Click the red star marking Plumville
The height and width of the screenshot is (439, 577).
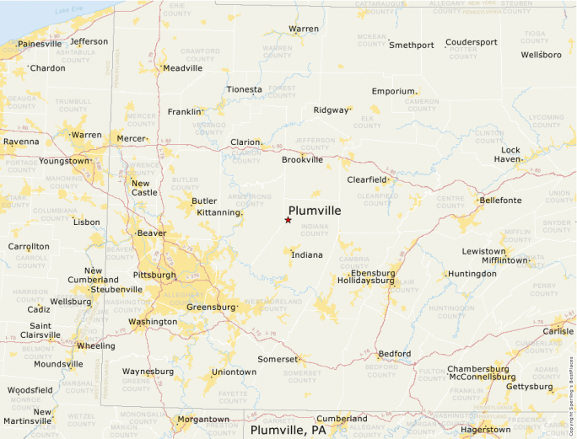point(288,220)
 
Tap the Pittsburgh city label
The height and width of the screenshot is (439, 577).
point(154,275)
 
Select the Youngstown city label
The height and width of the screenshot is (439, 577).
point(63,160)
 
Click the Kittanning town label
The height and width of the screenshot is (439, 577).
point(218,212)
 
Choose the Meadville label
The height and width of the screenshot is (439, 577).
point(183,68)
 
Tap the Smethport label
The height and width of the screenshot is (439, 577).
point(412,45)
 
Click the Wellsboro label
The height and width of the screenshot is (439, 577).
point(541,55)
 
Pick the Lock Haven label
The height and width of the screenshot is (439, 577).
point(508,154)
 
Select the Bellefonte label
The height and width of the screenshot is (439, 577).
point(500,201)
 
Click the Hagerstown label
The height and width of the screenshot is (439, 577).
point(485,429)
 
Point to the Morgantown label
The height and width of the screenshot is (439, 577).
point(202,419)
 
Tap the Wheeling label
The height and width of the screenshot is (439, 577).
point(96,345)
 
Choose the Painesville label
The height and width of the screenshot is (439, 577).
point(40,44)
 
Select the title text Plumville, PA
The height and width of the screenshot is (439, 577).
point(288,431)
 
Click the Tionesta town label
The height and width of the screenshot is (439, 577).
point(244,89)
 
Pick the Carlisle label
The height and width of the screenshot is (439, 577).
point(558,331)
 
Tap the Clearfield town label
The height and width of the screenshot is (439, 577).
point(366,179)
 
